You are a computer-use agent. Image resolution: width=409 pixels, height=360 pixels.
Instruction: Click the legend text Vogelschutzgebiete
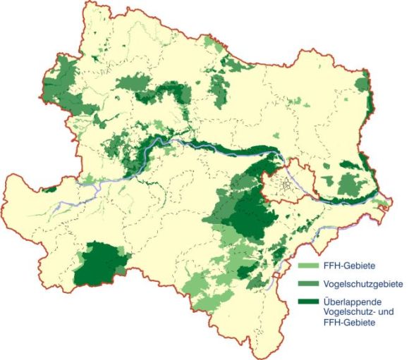point(363,285)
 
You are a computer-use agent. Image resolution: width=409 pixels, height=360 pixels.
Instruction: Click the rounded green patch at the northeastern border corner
point(362,85)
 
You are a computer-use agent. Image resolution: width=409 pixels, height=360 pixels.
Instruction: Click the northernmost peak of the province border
point(87,3)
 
